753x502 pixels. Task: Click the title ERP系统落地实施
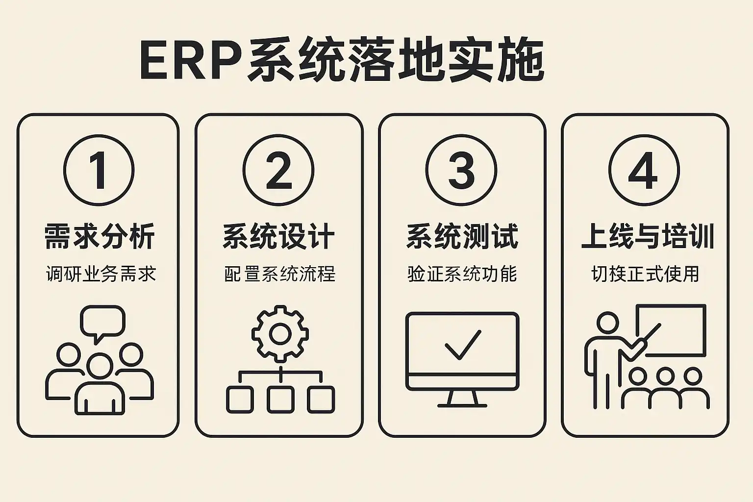342,61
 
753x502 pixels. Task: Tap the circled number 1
99,170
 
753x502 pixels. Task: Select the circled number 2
278,170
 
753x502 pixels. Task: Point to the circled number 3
461,170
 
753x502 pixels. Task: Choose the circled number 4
644,170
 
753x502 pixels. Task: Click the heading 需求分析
100,236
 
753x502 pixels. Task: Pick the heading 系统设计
279,236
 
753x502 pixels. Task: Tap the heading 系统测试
462,236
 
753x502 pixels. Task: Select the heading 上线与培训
647,236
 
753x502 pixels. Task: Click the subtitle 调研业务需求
101,274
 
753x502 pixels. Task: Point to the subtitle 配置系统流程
280,274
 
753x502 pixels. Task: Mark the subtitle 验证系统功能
462,274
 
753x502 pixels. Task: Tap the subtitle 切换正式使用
645,274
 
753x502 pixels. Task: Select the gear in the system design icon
280,334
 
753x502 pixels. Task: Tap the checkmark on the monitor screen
463,345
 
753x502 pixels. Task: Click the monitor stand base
462,405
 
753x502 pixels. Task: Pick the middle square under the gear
280,399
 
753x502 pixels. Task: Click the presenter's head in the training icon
608,324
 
